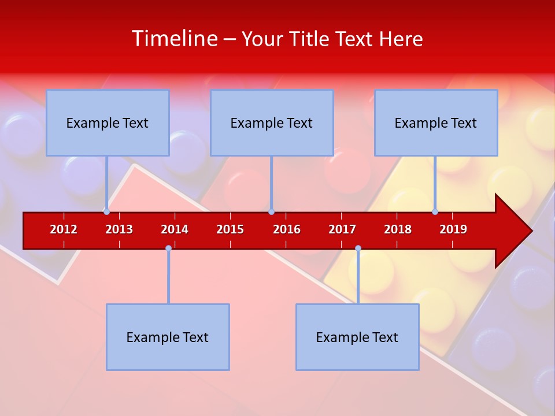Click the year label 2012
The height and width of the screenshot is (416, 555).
pyautogui.click(x=64, y=229)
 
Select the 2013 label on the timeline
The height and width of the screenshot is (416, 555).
pyautogui.click(x=119, y=229)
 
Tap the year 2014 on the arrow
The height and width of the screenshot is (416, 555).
pyautogui.click(x=175, y=229)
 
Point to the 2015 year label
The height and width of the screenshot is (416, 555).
pyautogui.click(x=230, y=229)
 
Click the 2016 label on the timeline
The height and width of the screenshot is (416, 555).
pyautogui.click(x=287, y=229)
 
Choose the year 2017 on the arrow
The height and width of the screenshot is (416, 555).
pyautogui.click(x=342, y=229)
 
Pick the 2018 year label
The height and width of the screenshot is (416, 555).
pyautogui.click(x=398, y=229)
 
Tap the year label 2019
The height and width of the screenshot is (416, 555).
pyautogui.click(x=453, y=229)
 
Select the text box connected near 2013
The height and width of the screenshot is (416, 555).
pyautogui.click(x=108, y=122)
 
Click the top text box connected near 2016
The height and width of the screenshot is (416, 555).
pyautogui.click(x=272, y=122)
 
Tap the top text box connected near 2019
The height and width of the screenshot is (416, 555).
pyautogui.click(x=436, y=122)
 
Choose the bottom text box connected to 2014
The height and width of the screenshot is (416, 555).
pyautogui.click(x=168, y=337)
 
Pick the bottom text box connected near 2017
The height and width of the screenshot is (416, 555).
pyautogui.click(x=357, y=337)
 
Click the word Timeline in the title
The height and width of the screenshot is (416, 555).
pyautogui.click(x=174, y=39)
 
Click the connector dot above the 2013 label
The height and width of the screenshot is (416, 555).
pyautogui.click(x=106, y=211)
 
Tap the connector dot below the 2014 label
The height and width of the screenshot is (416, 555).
pyautogui.click(x=168, y=248)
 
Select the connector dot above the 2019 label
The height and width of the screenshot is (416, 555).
pyautogui.click(x=435, y=211)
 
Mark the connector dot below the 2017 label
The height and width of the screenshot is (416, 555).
pyautogui.click(x=358, y=248)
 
